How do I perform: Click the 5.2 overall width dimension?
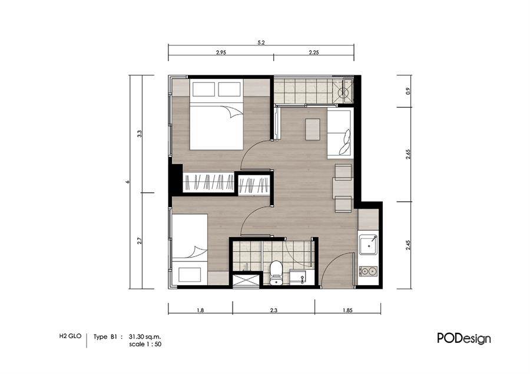pyautogui.click(x=261, y=43)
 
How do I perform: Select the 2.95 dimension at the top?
pyautogui.click(x=221, y=52)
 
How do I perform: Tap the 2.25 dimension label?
pyautogui.click(x=314, y=52)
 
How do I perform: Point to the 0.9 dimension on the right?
pyautogui.click(x=408, y=91)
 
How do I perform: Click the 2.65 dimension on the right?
pyautogui.click(x=408, y=154)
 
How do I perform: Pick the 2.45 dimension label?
pyautogui.click(x=408, y=245)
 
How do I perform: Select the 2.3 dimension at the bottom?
pyautogui.click(x=274, y=310)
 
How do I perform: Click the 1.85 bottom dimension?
pyautogui.click(x=347, y=310)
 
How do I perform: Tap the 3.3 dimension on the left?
pyautogui.click(x=139, y=133)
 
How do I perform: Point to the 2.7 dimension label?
pyautogui.click(x=139, y=241)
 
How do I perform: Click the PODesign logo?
pyautogui.click(x=464, y=338)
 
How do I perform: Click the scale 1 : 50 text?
pyautogui.click(x=145, y=344)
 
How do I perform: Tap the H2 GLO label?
pyautogui.click(x=70, y=336)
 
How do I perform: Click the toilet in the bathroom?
pyautogui.click(x=277, y=272)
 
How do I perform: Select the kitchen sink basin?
pyautogui.click(x=368, y=245)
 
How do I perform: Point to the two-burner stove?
pyautogui.click(x=368, y=271)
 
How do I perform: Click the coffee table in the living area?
pyautogui.click(x=313, y=129)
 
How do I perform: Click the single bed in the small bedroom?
pyautogui.click(x=190, y=250)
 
